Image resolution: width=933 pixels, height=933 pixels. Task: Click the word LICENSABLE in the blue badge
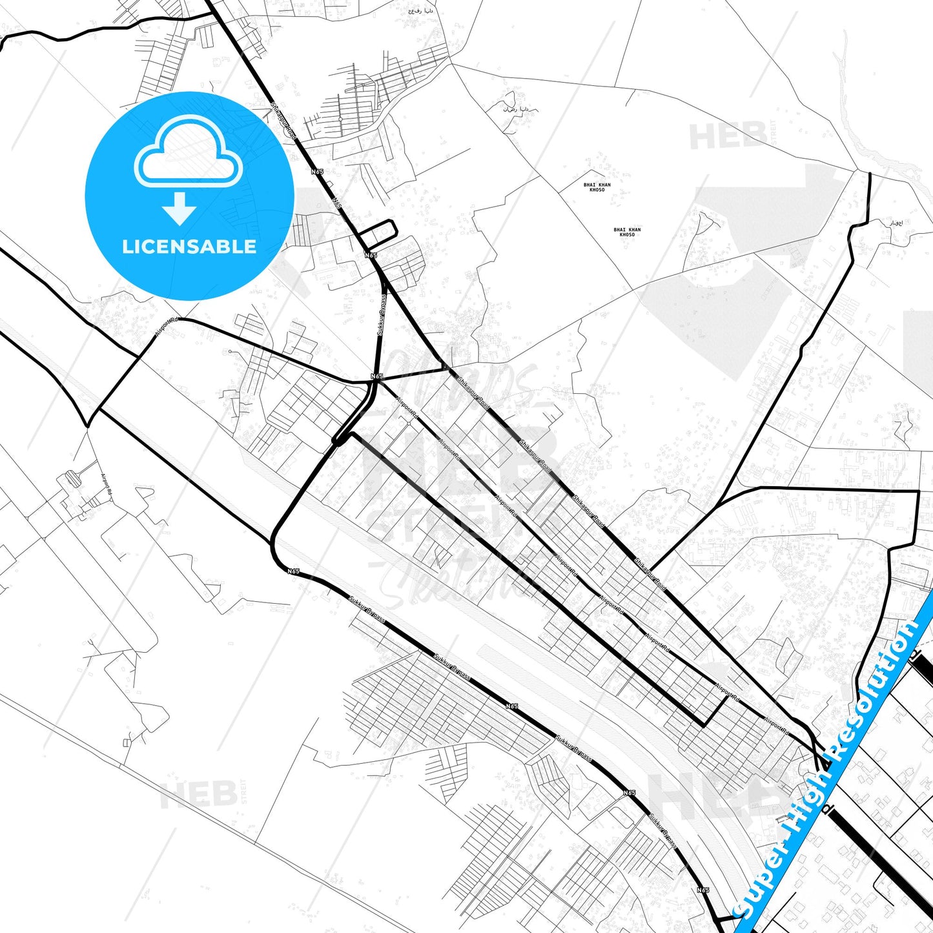pos(189,247)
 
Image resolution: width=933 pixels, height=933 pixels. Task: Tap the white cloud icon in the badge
pos(188,154)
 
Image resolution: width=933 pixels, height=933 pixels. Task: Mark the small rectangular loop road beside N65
pos(377,234)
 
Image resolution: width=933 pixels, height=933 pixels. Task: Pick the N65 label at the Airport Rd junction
pos(377,376)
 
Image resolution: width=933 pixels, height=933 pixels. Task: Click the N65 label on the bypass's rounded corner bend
pos(294,571)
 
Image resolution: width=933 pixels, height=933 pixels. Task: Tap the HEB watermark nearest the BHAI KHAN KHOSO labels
pos(728,136)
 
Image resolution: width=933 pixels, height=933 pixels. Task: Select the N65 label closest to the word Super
pos(703,890)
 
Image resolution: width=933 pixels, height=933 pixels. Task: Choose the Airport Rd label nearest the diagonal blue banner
pos(776,727)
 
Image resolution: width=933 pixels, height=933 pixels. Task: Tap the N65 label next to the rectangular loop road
pos(371,255)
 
